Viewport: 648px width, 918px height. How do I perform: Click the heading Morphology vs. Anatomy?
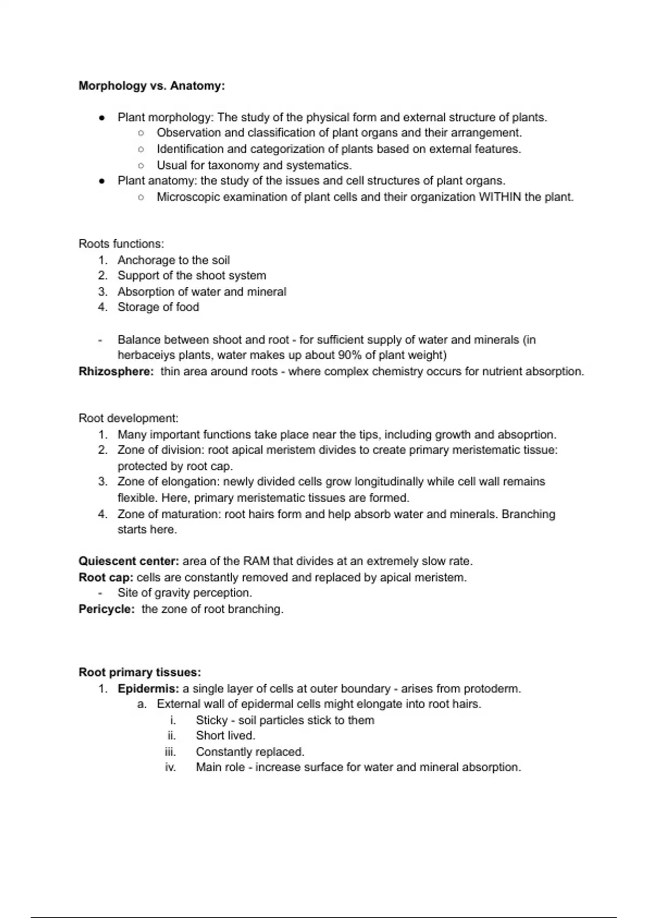pyautogui.click(x=152, y=86)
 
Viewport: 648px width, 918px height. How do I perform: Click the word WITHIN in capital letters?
pyautogui.click(x=500, y=197)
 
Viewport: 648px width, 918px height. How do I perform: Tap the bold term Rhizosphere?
pyautogui.click(x=116, y=372)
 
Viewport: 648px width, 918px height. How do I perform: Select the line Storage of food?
pyautogui.click(x=158, y=307)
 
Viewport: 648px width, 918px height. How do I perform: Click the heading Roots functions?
pyautogui.click(x=121, y=244)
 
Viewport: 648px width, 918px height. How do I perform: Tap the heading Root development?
pyautogui.click(x=128, y=418)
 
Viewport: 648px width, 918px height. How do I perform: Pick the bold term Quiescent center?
pyautogui.click(x=129, y=561)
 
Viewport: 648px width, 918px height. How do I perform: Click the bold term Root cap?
pyautogui.click(x=106, y=577)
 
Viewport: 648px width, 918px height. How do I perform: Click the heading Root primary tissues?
pyautogui.click(x=139, y=672)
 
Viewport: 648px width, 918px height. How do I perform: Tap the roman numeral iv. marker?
pyautogui.click(x=171, y=767)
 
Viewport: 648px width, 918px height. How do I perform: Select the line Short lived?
pyautogui.click(x=225, y=735)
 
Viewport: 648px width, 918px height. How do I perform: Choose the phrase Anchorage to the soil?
pyautogui.click(x=173, y=260)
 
